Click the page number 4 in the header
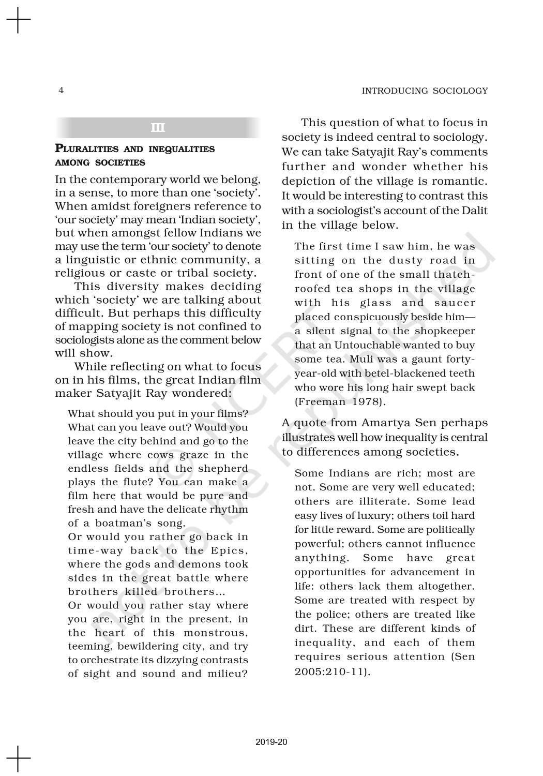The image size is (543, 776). [61, 91]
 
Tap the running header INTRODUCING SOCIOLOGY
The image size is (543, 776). [425, 91]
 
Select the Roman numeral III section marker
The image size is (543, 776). [158, 128]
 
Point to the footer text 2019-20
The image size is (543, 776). [271, 742]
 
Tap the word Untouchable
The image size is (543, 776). [366, 345]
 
